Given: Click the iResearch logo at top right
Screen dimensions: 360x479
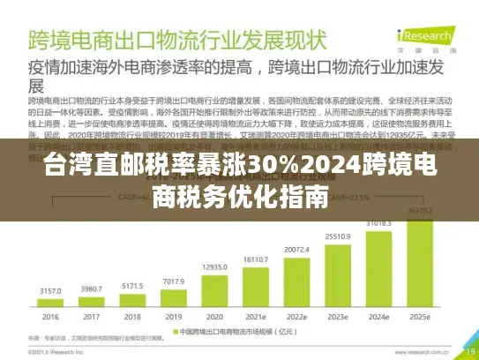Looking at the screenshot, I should tap(424, 39).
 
